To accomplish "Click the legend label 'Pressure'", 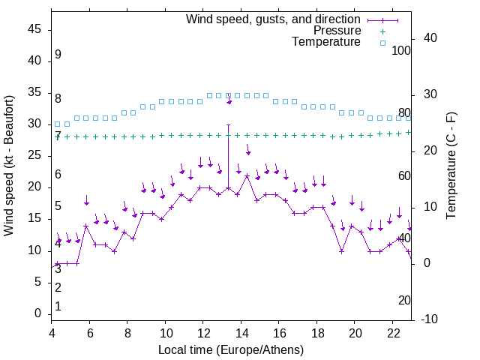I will point(337,31).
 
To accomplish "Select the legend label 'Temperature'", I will point(326,42).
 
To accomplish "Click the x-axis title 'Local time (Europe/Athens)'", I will point(231,350).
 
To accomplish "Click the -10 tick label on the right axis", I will point(430,319).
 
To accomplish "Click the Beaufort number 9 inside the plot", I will point(58,55).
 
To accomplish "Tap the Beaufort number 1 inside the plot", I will point(58,307).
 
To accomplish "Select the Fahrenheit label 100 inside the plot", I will point(402,50).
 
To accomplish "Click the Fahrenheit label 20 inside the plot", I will point(404,300).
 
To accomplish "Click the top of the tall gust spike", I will point(228,124).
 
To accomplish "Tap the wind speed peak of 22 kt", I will point(247,175).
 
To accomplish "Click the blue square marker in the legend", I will point(382,43).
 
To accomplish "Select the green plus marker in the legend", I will point(382,31).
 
